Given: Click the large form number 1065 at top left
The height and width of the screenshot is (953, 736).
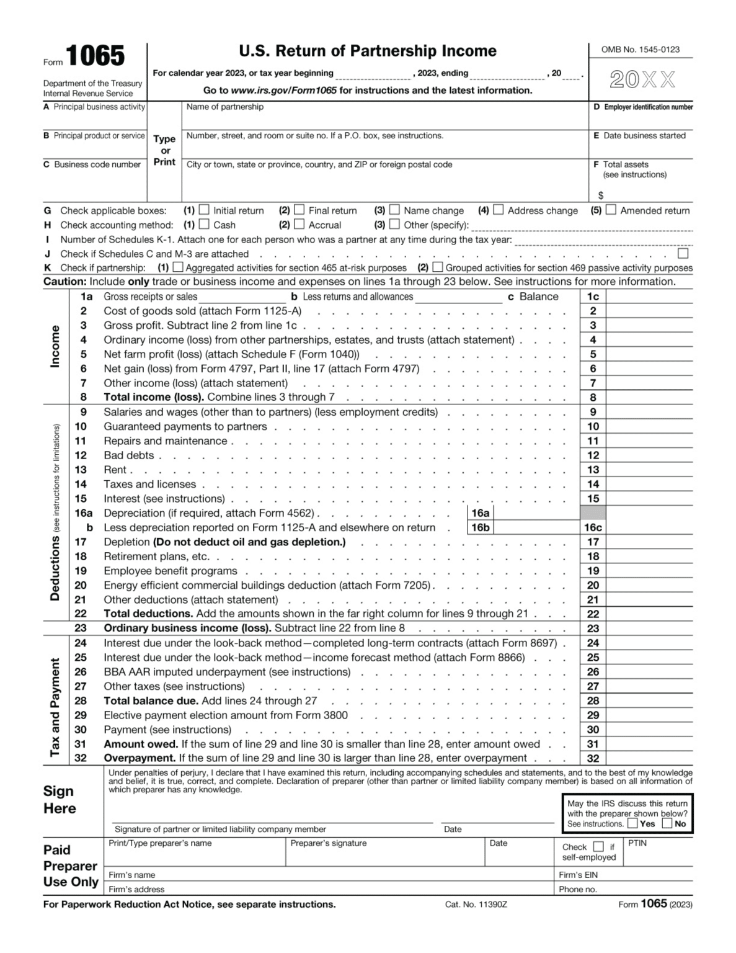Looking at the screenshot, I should [95, 56].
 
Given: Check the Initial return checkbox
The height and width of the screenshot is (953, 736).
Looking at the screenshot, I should [204, 210].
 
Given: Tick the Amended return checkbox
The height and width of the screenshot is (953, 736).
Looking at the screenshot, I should [611, 210].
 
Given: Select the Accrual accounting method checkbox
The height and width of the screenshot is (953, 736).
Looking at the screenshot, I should [299, 225].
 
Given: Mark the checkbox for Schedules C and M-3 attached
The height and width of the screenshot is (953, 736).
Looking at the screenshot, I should [683, 254].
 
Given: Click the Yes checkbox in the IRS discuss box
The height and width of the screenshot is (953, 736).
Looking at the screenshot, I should [632, 824].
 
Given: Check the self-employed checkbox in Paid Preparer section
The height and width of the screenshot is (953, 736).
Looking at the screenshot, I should [598, 847].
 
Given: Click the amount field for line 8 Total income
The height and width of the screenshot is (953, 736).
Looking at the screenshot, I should [649, 398].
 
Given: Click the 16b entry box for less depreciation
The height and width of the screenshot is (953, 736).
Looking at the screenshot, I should [536, 528].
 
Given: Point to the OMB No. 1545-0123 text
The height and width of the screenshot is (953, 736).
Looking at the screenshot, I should [640, 50].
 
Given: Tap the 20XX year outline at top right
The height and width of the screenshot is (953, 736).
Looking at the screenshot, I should [642, 79].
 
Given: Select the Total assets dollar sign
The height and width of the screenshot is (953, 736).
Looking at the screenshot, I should [601, 195].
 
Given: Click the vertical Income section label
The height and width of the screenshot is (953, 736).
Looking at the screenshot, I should [55, 346].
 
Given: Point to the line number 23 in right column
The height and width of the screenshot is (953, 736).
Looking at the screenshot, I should [593, 629].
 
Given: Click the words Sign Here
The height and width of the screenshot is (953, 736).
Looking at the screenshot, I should [60, 800].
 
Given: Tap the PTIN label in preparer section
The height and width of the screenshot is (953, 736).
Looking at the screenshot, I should [637, 843].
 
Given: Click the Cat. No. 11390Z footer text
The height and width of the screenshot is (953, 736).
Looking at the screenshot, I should [476, 905].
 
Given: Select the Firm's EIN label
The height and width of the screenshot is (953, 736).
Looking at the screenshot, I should [578, 875].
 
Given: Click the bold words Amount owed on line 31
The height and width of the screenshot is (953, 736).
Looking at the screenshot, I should [141, 744].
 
